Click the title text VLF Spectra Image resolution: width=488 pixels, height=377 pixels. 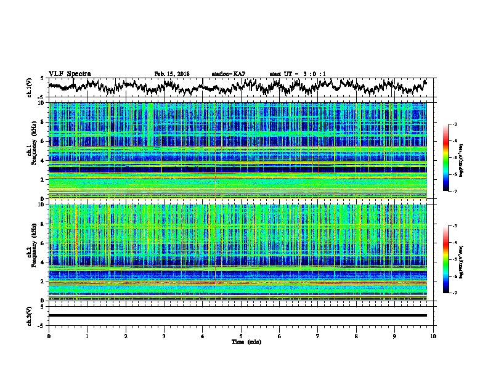(70, 74)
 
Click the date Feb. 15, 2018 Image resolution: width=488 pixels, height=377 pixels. (172, 74)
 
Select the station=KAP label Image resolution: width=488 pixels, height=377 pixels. (228, 74)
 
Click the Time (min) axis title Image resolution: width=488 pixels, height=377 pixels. (240, 341)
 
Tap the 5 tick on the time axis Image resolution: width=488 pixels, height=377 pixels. (241, 336)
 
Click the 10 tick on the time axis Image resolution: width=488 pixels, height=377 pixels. (433, 336)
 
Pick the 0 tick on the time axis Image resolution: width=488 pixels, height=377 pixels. (49, 336)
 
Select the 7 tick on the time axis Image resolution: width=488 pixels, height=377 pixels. (318, 336)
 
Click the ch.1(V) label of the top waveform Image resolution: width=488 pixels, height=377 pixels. (30, 88)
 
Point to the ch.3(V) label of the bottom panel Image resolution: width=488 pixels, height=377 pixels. (30, 315)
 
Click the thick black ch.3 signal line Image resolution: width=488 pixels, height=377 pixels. (240, 315)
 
